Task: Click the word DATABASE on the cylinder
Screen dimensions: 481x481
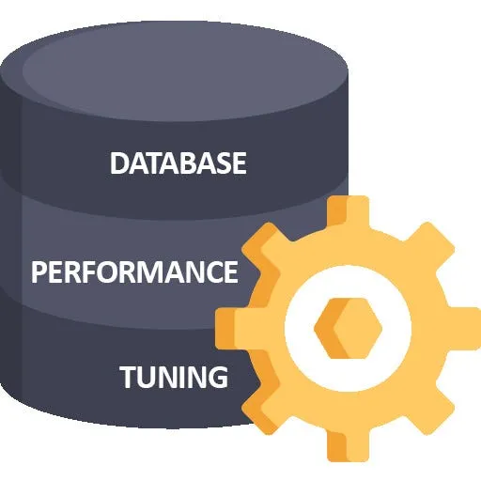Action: pos(178,163)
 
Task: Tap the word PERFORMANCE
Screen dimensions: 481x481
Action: pos(134,272)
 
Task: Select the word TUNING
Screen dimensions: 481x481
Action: pos(174,378)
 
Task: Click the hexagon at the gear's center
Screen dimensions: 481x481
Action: pos(341,327)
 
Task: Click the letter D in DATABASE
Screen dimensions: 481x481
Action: pos(119,163)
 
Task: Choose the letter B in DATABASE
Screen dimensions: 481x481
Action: pos(178,163)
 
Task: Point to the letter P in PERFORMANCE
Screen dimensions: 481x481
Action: pos(39,272)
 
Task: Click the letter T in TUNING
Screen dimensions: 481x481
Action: pos(129,378)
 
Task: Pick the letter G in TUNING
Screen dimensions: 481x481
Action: pos(216,378)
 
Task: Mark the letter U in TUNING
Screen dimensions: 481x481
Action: pos(148,378)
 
